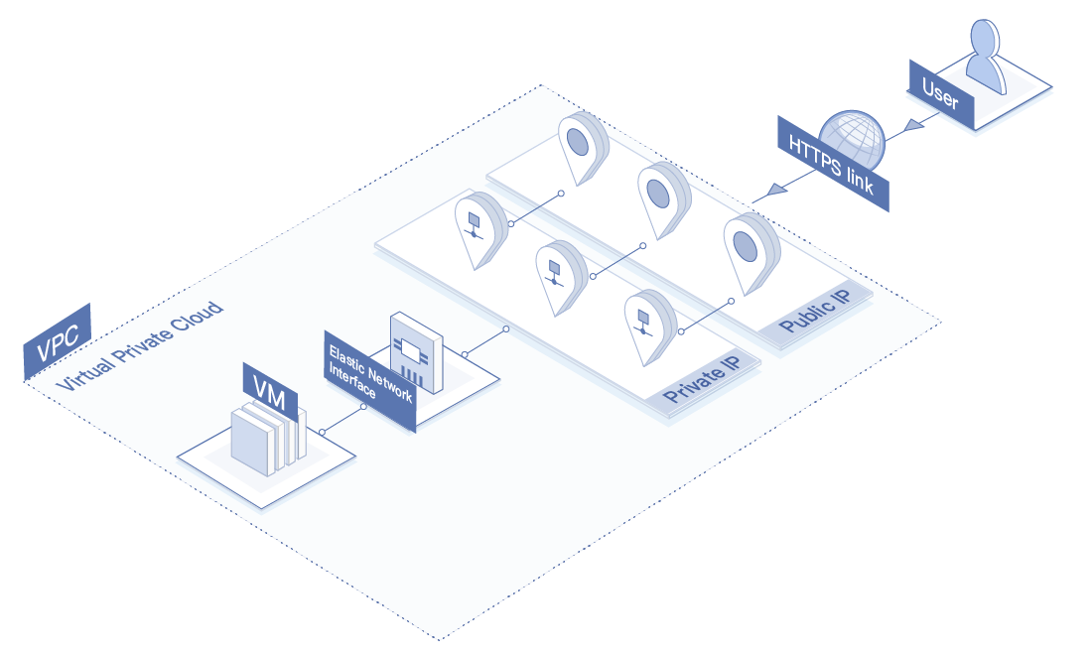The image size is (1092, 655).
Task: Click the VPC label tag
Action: point(58,342)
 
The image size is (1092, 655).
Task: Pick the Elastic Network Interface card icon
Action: point(415,352)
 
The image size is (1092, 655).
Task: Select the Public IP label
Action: point(814,316)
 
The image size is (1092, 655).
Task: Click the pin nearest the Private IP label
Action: point(644,324)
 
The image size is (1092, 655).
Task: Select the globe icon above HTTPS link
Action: point(851,139)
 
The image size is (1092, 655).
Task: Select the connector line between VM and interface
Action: point(342,420)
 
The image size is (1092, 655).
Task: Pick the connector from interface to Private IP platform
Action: point(485,340)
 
